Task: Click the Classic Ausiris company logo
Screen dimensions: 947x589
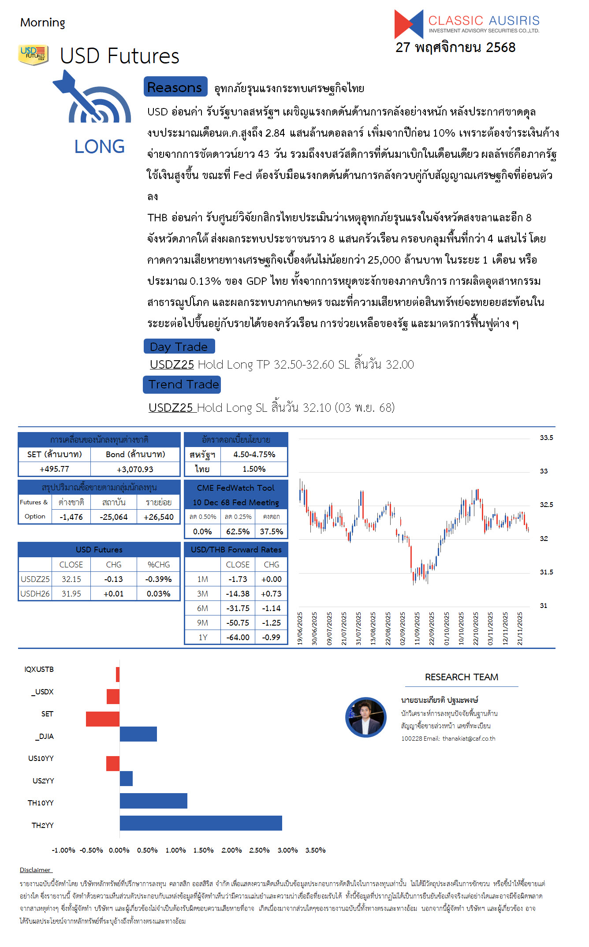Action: [x=466, y=24]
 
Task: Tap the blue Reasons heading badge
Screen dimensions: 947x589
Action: [x=175, y=87]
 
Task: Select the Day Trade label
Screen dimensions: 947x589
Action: [x=179, y=347]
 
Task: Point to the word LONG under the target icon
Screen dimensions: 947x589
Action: [x=100, y=146]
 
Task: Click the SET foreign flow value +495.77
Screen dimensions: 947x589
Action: [x=54, y=469]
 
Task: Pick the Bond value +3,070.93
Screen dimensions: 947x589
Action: [x=135, y=469]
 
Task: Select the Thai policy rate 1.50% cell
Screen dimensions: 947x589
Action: [x=254, y=469]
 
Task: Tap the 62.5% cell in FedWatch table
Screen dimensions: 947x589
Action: [x=238, y=531]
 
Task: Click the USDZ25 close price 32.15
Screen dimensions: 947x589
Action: [x=71, y=579]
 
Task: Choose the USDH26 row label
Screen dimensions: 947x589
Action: [x=35, y=593]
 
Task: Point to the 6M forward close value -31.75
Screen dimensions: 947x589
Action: [x=238, y=608]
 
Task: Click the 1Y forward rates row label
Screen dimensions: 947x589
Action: [x=202, y=637]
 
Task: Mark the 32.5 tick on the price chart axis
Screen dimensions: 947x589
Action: [x=546, y=504]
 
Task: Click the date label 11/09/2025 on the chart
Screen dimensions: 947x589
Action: [x=417, y=628]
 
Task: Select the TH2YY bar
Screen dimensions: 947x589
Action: [x=201, y=823]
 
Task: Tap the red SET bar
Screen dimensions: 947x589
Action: [x=103, y=719]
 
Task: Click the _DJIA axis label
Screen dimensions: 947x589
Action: [x=45, y=736]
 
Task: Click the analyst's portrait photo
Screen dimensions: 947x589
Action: [x=365, y=717]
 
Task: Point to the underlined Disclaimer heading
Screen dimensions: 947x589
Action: [x=35, y=870]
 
